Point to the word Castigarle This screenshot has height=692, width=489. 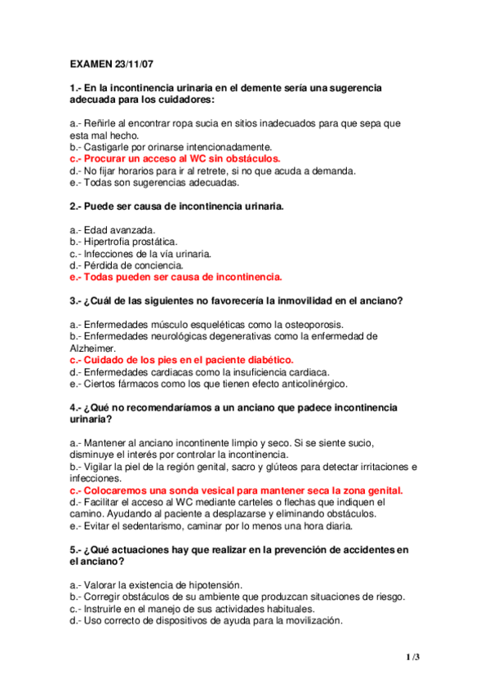109,147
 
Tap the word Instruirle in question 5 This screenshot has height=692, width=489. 104,609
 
